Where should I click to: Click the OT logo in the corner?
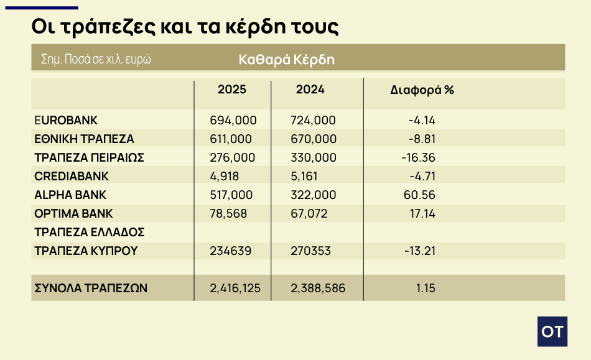552,331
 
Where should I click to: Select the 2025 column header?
232,90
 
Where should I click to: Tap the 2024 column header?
310,90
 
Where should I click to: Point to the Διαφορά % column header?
422,90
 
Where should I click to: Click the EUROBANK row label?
67,120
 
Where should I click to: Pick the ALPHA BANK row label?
70,195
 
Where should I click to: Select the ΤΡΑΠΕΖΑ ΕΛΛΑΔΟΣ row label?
90,232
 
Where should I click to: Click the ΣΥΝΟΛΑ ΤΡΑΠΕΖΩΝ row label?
91,288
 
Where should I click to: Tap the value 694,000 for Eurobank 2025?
234,120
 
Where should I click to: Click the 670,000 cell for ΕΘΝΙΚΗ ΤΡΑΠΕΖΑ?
313,139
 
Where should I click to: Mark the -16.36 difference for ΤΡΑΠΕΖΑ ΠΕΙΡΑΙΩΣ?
419,157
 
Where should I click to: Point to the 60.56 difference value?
420,195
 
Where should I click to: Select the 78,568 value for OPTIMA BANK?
229,213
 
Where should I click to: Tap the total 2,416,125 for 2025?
236,288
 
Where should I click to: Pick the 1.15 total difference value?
426,288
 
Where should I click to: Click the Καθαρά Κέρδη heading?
287,60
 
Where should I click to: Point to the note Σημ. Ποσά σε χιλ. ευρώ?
96,60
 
